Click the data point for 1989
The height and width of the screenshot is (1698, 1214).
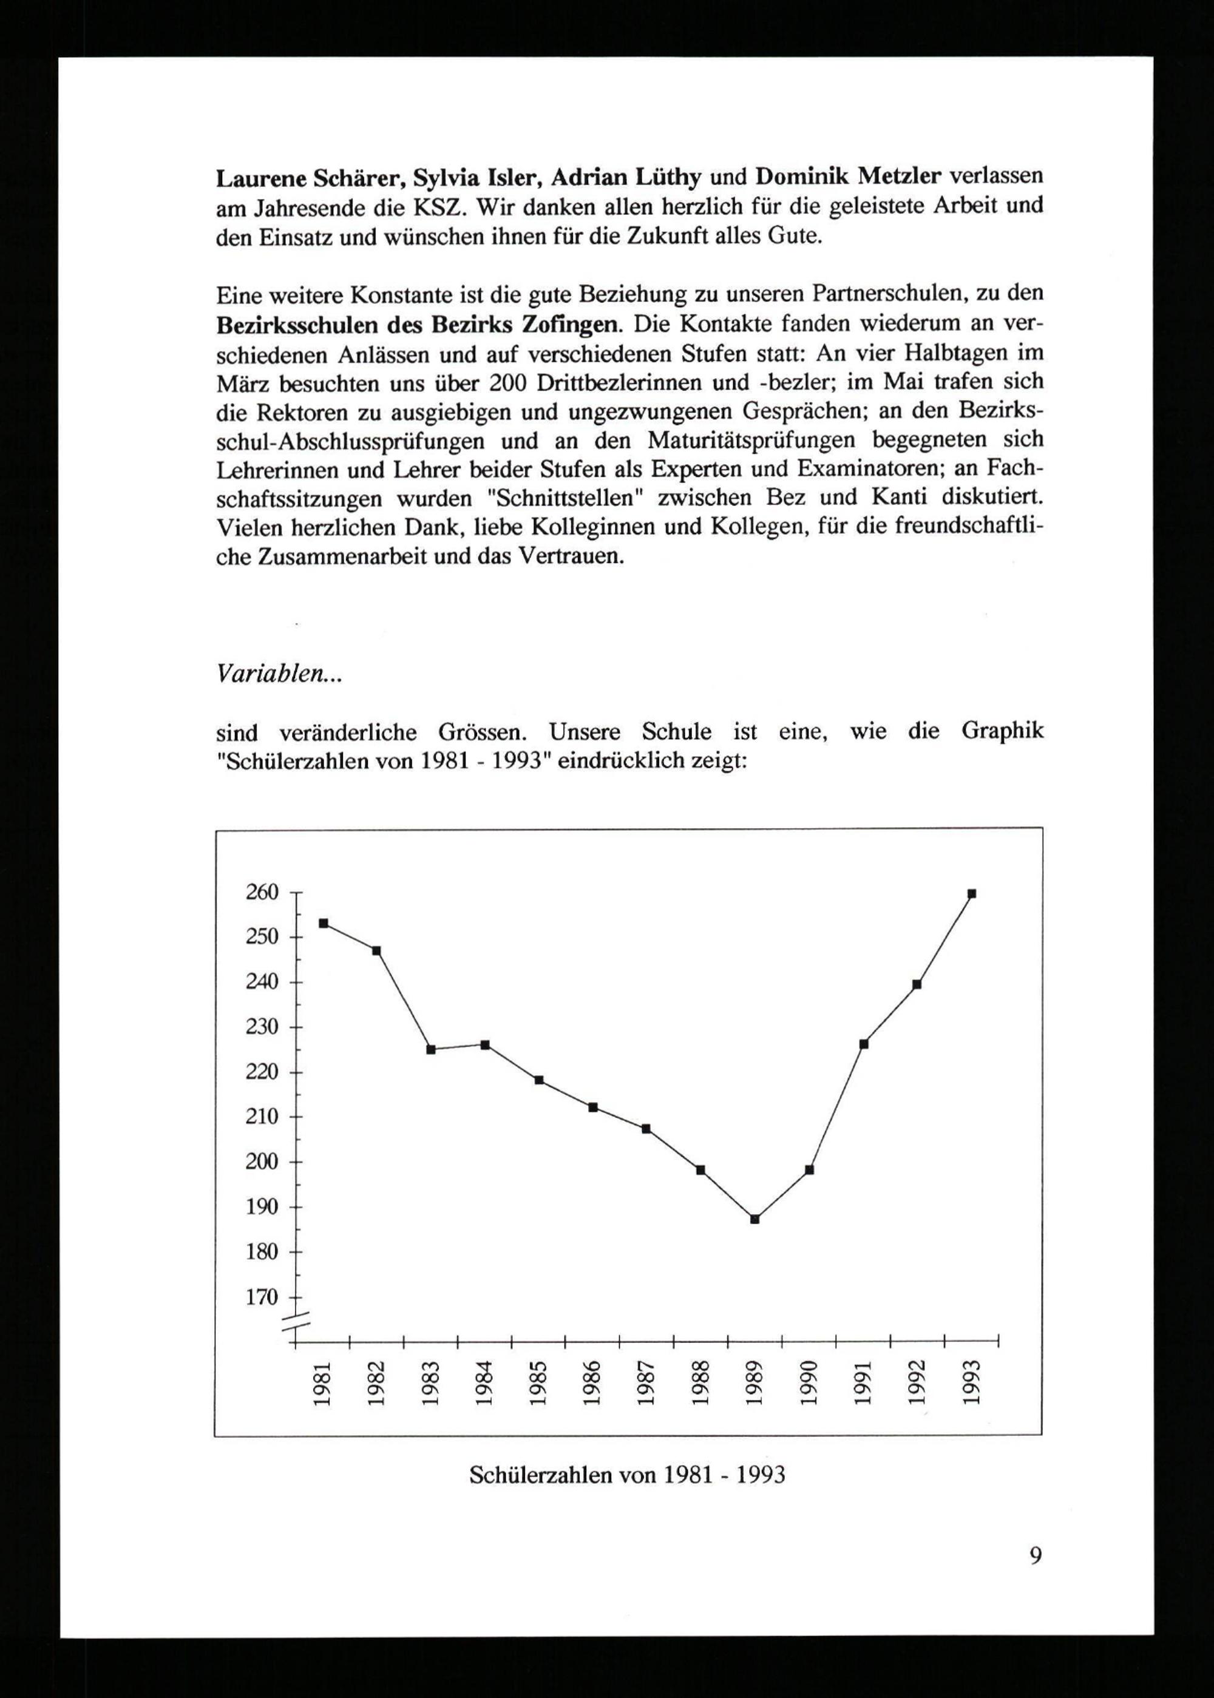coord(755,1220)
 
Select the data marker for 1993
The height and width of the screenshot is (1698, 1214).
coord(972,894)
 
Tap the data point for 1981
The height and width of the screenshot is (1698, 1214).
coord(324,923)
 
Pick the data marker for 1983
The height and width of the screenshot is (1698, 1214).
coord(430,1049)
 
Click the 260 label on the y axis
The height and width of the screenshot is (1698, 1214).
coord(262,892)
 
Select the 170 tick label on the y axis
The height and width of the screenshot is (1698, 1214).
coord(262,1297)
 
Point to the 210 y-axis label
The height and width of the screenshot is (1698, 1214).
coord(262,1117)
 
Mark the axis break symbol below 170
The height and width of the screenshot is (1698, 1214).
coord(295,1322)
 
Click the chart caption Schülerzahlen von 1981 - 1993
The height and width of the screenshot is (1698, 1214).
coord(627,1475)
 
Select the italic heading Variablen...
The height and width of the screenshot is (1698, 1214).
coord(279,674)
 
